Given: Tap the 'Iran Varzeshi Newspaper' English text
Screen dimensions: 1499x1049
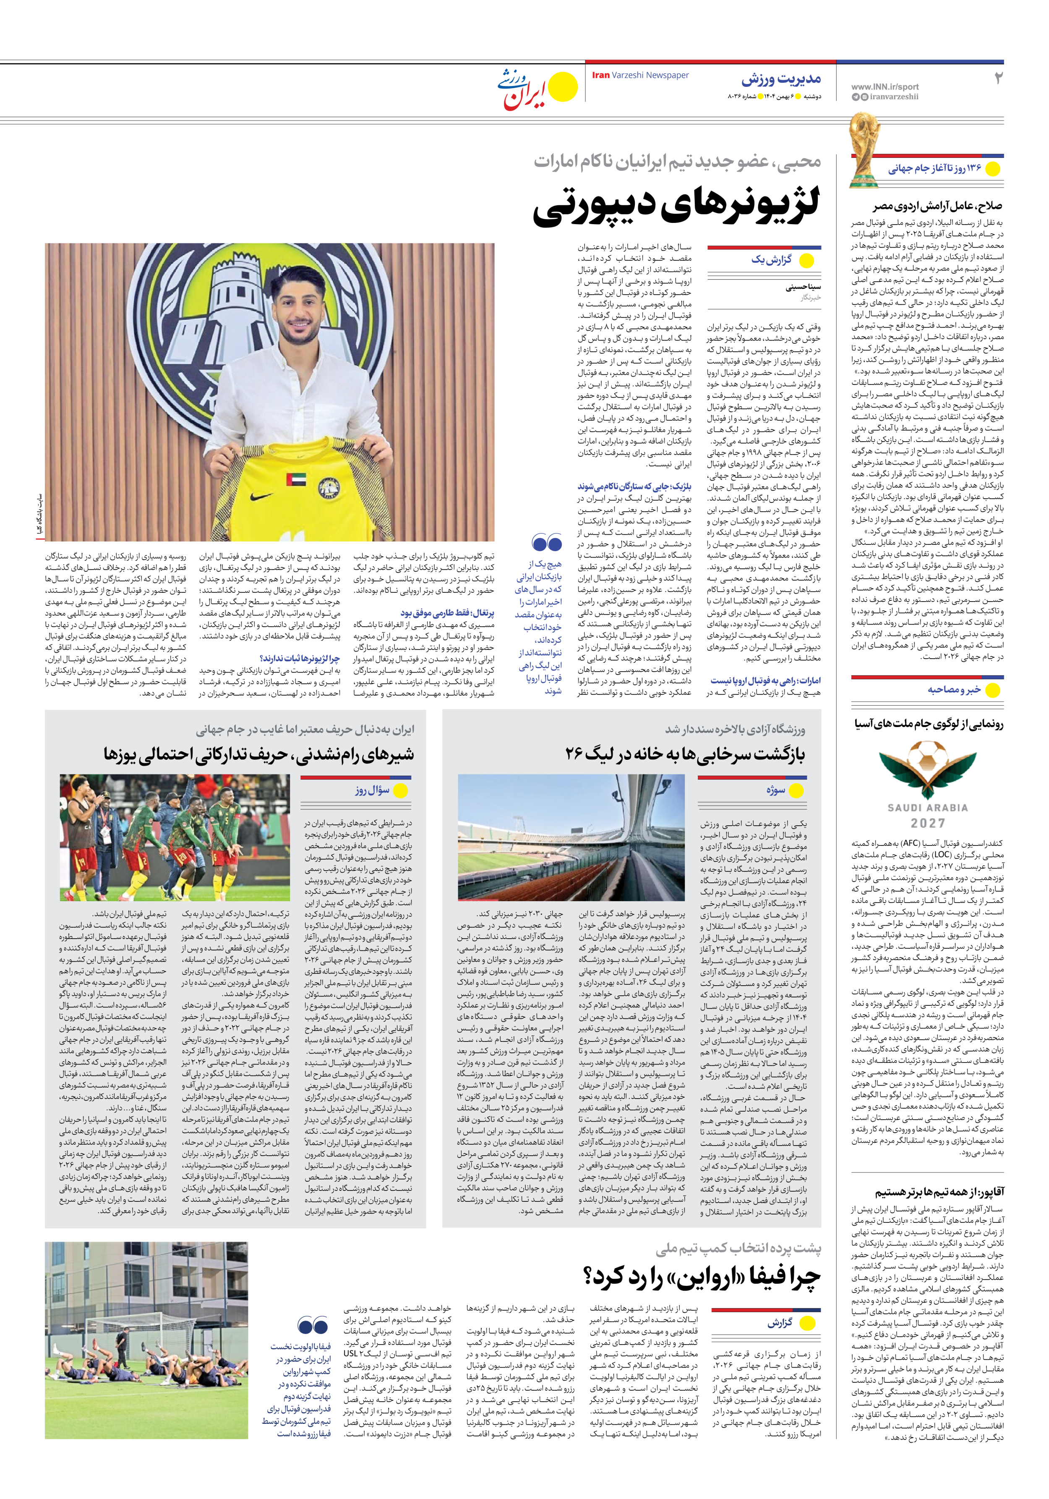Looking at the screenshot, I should click(x=640, y=75).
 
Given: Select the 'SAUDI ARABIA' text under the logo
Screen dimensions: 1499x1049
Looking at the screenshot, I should click(x=928, y=808).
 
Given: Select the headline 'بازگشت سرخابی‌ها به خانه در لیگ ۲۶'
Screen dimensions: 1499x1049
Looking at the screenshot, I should click(x=685, y=754).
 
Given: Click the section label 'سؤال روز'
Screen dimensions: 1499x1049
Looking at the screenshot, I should click(x=372, y=790).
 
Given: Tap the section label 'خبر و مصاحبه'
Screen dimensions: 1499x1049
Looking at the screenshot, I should click(x=954, y=689).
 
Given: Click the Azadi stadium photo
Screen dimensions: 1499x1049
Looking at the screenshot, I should click(x=571, y=837).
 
